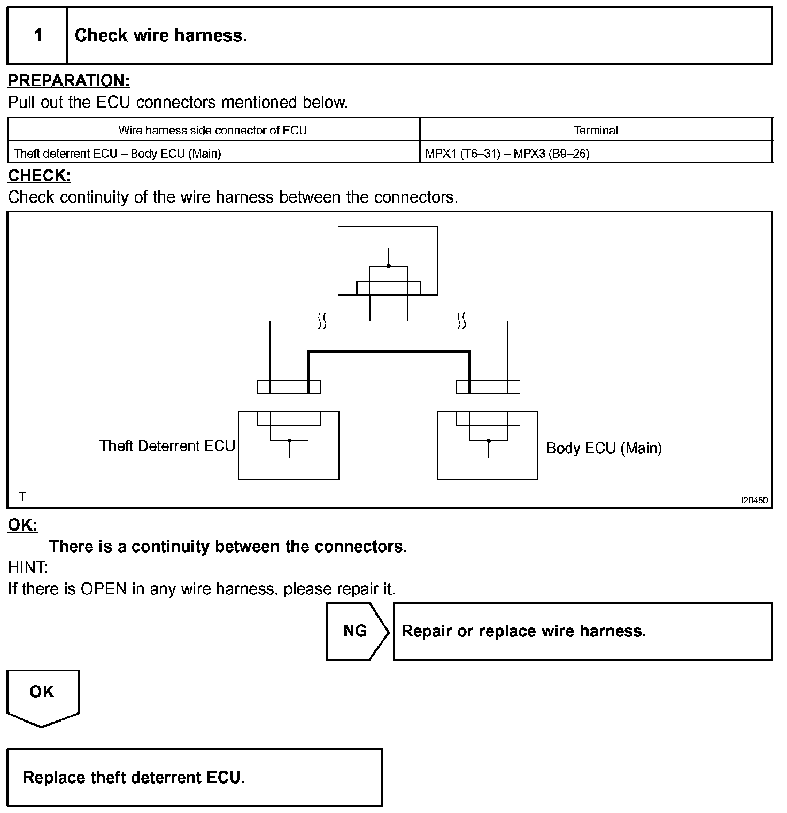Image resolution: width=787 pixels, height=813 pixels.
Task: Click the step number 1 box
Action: coord(37,36)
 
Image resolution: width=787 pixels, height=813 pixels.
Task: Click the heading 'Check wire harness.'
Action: coord(161,36)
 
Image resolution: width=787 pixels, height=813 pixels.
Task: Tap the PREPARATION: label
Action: coord(69,81)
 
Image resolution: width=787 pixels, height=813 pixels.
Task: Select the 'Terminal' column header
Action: coord(596,130)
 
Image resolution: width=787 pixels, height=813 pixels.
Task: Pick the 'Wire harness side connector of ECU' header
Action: coord(213,130)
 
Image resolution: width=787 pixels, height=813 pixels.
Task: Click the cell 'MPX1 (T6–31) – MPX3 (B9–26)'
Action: coord(507,154)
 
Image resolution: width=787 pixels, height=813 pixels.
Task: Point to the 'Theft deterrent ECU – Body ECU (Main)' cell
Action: coord(118,154)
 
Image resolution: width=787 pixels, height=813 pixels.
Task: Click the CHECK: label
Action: coord(40,175)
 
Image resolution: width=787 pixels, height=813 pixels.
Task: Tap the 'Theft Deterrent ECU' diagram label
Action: coord(167,446)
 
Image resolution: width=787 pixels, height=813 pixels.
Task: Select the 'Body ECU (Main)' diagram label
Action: coord(604,448)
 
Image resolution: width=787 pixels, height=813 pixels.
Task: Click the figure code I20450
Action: coord(754,501)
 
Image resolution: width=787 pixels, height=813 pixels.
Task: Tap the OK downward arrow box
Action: coord(42,696)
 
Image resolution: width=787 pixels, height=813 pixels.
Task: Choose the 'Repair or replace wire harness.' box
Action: coord(583,631)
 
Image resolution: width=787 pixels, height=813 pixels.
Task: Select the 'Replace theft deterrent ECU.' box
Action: coord(195,777)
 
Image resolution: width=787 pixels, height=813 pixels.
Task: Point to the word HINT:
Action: coord(28,567)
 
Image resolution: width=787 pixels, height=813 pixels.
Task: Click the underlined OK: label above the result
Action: coord(22,525)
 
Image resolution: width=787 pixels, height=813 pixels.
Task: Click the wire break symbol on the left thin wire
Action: coord(322,321)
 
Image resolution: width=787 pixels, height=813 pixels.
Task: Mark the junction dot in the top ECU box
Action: coord(389,266)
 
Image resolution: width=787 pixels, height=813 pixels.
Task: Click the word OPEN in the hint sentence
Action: coord(104,589)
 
